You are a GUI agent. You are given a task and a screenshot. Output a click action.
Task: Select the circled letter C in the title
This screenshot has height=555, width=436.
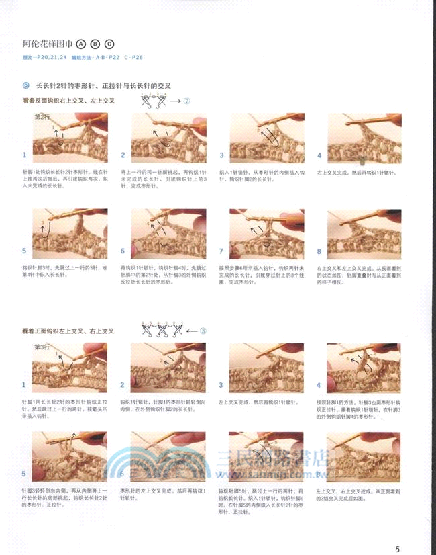tap(109, 44)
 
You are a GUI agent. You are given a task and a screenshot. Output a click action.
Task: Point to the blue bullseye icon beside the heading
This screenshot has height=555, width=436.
tap(25, 86)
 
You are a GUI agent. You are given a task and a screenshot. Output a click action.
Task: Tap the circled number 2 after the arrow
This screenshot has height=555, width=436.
tap(187, 101)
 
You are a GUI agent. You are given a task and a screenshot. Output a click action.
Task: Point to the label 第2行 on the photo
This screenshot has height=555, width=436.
tap(42, 116)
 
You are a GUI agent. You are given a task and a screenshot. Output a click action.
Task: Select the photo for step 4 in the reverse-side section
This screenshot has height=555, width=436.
tap(364, 138)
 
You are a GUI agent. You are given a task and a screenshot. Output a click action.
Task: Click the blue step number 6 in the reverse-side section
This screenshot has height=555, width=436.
tap(122, 251)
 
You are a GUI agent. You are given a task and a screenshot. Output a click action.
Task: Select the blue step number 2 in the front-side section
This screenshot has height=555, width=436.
tap(122, 385)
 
